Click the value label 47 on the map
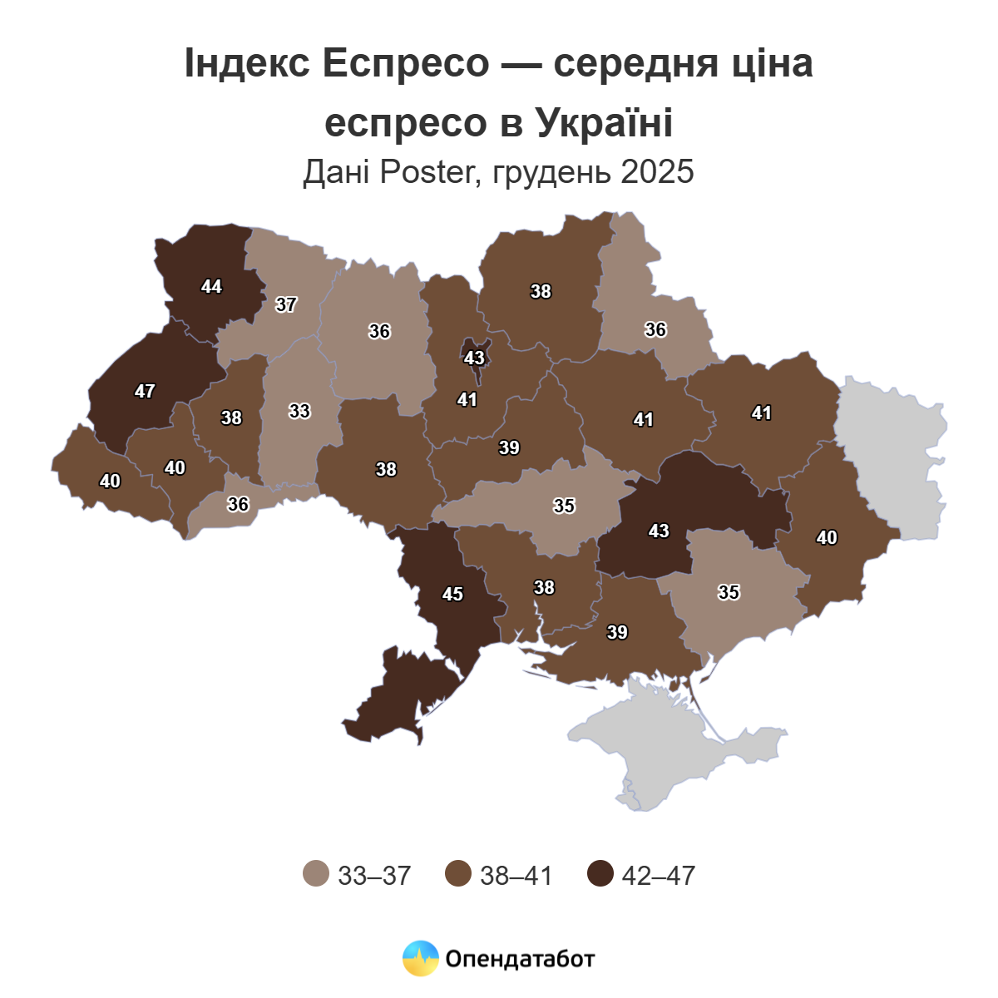pyautogui.click(x=145, y=391)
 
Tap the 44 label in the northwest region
pyautogui.click(x=211, y=286)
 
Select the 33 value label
pyautogui.click(x=299, y=411)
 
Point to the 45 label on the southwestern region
pyautogui.click(x=452, y=594)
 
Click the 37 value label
pyautogui.click(x=286, y=304)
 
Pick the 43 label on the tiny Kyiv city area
pyautogui.click(x=474, y=358)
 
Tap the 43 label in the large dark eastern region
pyautogui.click(x=659, y=531)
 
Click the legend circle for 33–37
pyautogui.click(x=316, y=874)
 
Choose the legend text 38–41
pyautogui.click(x=516, y=875)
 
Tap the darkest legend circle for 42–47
pyautogui.click(x=600, y=874)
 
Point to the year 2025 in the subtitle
pyautogui.click(x=656, y=172)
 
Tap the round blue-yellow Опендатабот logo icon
pyautogui.click(x=421, y=958)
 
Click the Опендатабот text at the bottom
pyautogui.click(x=520, y=959)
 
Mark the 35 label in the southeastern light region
pyautogui.click(x=729, y=592)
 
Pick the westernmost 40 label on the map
pyautogui.click(x=110, y=481)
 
